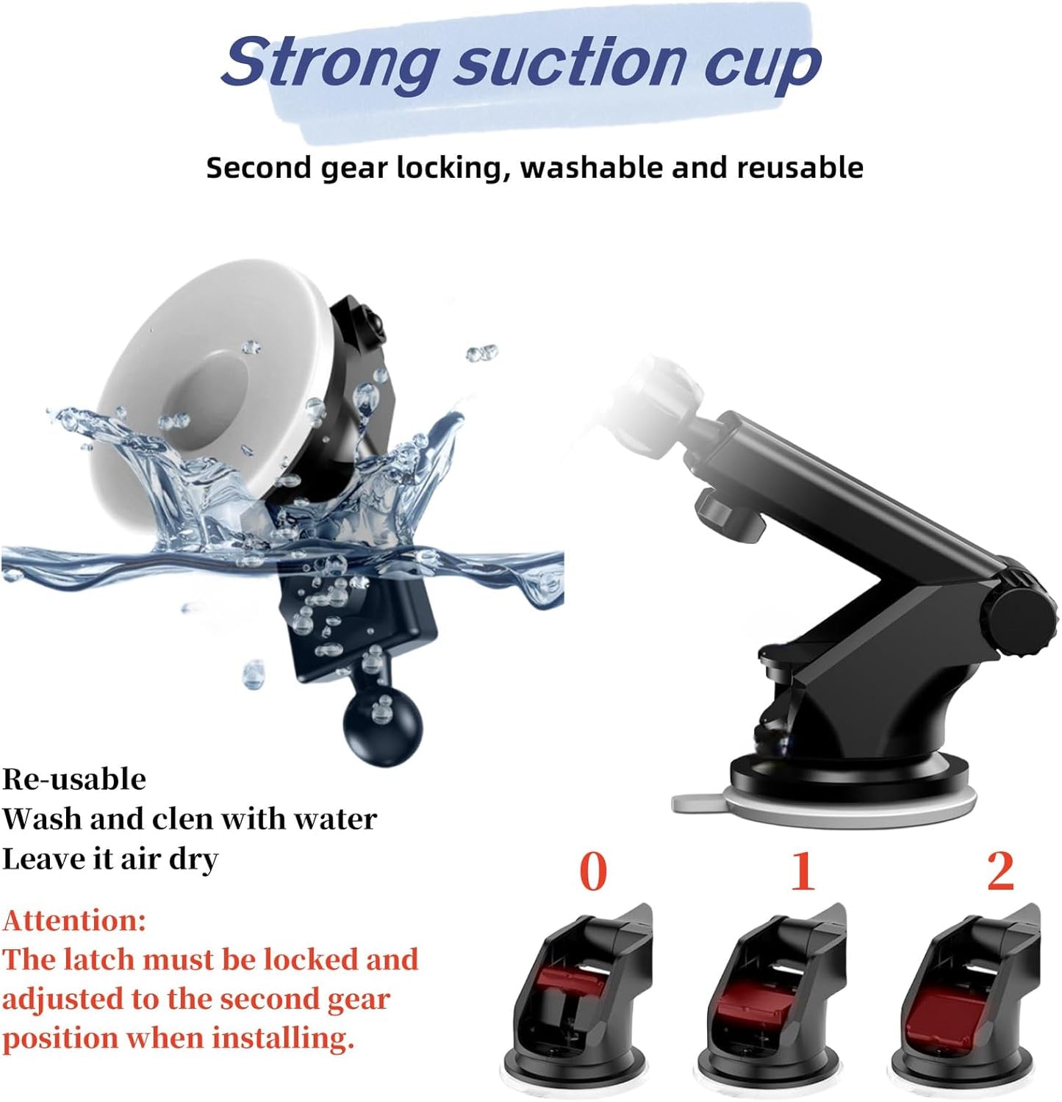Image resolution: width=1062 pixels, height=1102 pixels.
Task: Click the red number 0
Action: coord(593,871)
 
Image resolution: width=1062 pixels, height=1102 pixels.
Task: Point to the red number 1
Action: coord(802,871)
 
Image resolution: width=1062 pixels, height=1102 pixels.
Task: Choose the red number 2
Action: coord(1000,871)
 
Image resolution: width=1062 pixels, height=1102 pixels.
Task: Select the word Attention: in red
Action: coord(74,920)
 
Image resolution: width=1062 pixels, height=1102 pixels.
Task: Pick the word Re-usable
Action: coord(74,779)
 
